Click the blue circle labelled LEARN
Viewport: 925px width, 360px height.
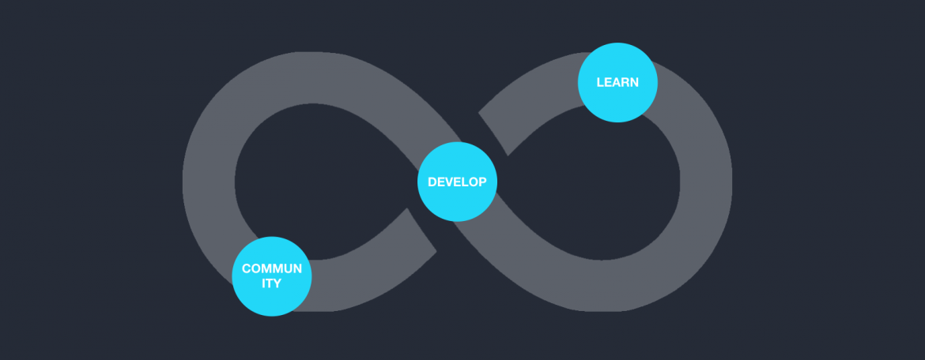pos(617,82)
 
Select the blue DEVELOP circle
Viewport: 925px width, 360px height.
pos(457,182)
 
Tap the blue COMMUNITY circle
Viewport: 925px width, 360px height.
pos(272,276)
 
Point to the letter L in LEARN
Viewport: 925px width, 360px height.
pos(601,82)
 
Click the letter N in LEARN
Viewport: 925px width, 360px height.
pos(634,82)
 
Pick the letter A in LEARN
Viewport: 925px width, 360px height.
pos(617,82)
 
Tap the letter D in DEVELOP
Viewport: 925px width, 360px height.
pos(432,182)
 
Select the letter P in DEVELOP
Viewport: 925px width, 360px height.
pos(482,182)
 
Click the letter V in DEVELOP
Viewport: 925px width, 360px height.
pos(449,182)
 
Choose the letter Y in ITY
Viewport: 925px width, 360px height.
pos(277,283)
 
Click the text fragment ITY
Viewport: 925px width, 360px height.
pos(272,283)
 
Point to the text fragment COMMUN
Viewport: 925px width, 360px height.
pos(272,269)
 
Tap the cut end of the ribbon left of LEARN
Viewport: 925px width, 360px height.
pos(493,133)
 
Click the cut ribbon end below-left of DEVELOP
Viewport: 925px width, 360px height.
pos(422,230)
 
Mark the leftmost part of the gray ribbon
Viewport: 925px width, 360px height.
pos(184,182)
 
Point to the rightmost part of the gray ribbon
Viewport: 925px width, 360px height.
pos(731,182)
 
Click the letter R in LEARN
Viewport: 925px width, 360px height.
pos(625,82)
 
